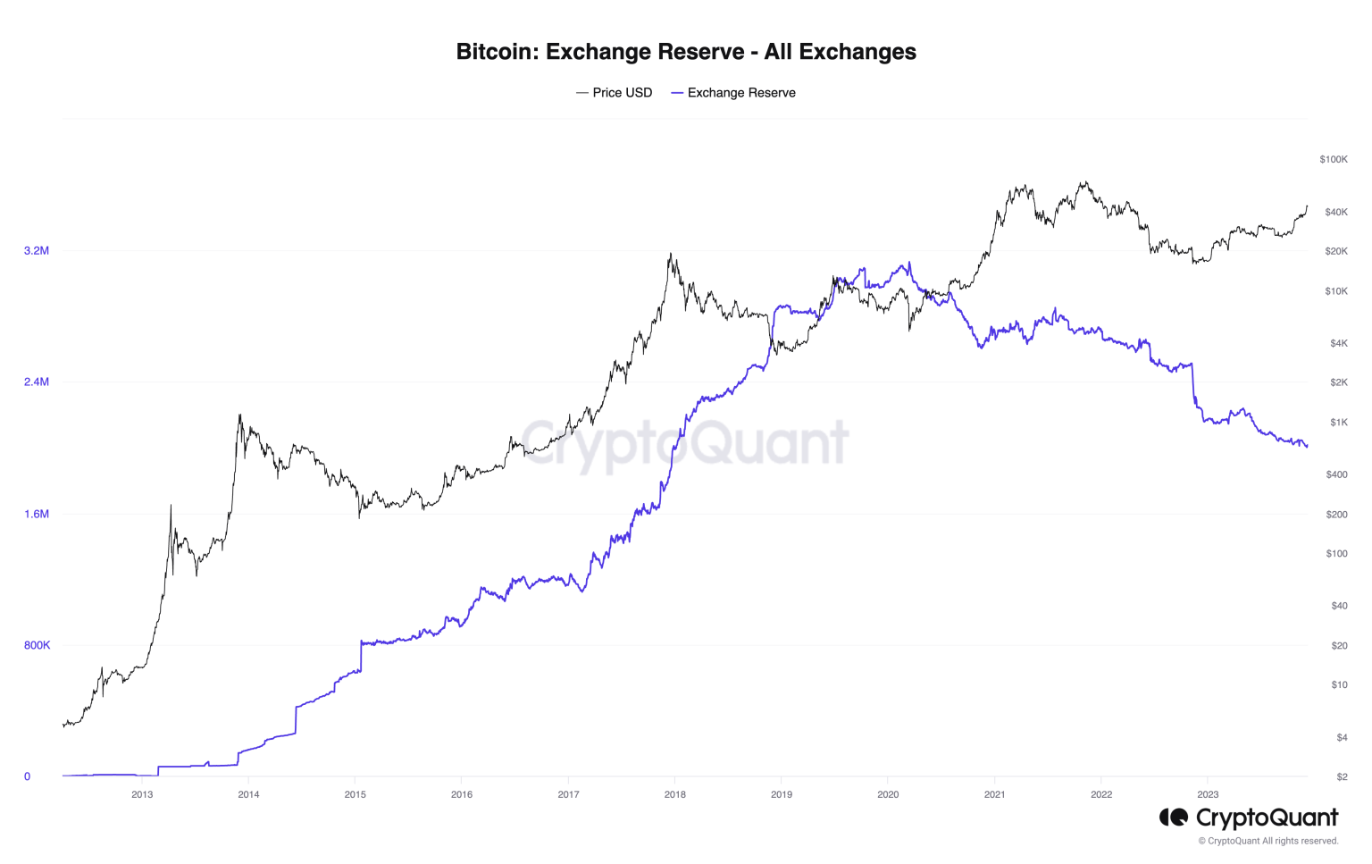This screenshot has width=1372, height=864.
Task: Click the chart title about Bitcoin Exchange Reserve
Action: click(x=686, y=52)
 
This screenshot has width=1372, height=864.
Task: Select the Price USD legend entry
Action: click(x=615, y=93)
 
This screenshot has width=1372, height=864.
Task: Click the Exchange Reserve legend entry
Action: click(x=733, y=93)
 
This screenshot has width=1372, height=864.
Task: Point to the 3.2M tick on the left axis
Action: click(x=37, y=251)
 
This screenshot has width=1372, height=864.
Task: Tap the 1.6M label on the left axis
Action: click(x=37, y=514)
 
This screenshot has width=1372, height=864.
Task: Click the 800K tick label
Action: click(x=37, y=645)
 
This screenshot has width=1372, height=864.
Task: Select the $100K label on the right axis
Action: click(x=1333, y=160)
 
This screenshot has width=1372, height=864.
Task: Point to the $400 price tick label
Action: click(x=1336, y=474)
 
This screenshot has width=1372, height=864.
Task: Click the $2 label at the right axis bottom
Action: click(x=1342, y=776)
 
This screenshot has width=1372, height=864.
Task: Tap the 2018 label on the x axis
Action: click(x=674, y=794)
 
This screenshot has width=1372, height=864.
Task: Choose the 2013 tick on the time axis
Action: click(x=142, y=794)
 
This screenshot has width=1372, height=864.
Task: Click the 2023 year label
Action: click(x=1207, y=794)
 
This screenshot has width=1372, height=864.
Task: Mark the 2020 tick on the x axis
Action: click(x=888, y=794)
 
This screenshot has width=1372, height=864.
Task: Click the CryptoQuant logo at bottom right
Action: click(x=1249, y=818)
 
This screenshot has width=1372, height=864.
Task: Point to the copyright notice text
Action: click(x=1267, y=841)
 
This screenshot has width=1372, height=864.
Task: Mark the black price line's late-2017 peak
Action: click(x=670, y=254)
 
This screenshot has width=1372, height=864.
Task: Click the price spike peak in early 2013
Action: click(x=171, y=506)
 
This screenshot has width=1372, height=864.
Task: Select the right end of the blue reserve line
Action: click(x=1307, y=446)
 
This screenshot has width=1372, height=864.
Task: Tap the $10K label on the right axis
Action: click(x=1335, y=291)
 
